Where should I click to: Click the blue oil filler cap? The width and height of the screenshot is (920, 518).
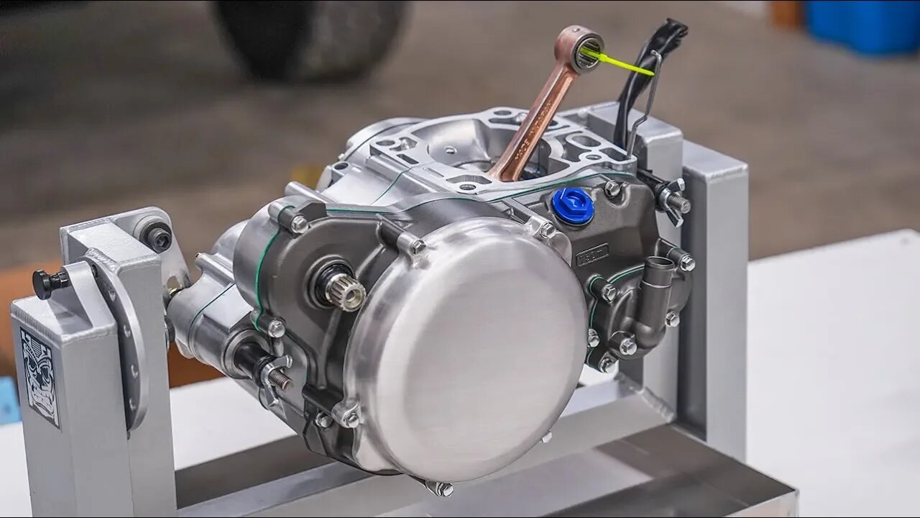tap(573, 206)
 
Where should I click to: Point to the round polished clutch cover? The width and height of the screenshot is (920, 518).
tap(467, 345)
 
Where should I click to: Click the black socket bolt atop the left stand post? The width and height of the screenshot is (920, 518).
tap(157, 236)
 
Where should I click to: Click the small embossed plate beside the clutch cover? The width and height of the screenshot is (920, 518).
tap(592, 254)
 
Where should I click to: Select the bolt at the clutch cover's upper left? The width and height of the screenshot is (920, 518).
tap(415, 247)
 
